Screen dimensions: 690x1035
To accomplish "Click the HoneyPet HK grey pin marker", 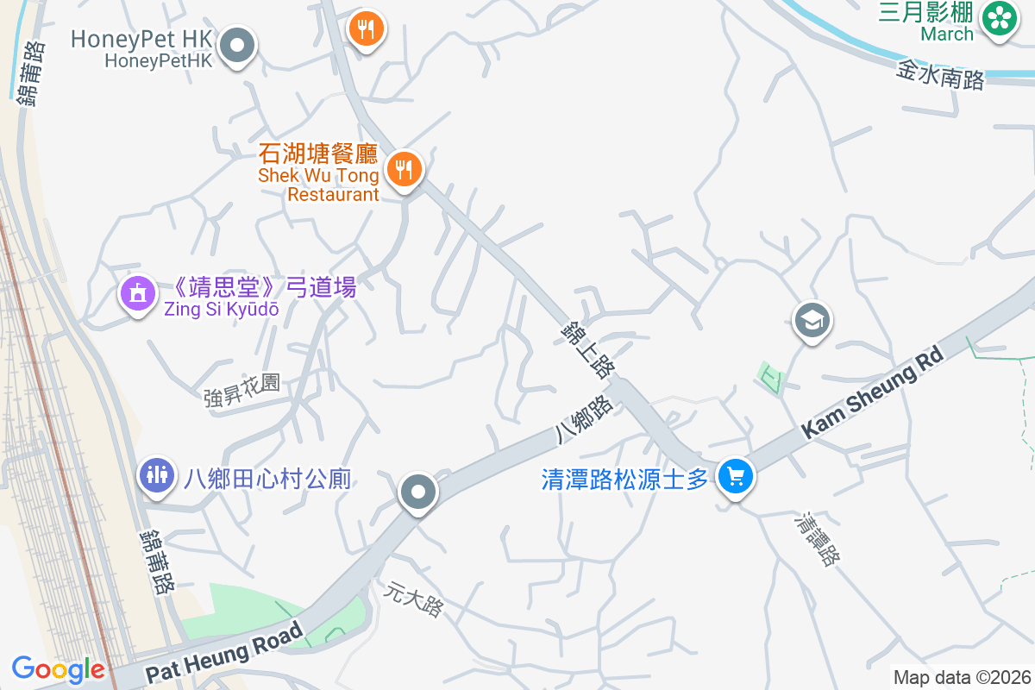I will [238, 45].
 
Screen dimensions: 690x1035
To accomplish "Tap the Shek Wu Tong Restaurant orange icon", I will [403, 168].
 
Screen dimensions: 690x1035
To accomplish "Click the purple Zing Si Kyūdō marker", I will [137, 294].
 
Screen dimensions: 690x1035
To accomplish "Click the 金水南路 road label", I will [940, 76].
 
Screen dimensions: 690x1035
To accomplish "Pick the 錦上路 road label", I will [586, 349].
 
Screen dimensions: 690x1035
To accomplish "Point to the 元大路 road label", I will [414, 599].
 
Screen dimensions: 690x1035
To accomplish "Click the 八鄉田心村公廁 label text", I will [267, 479].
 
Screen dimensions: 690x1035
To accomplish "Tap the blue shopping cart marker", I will [735, 476].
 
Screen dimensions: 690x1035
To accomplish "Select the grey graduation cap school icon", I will [811, 321].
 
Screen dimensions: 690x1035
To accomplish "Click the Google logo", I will [58, 669].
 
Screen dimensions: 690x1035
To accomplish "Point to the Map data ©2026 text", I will [962, 678].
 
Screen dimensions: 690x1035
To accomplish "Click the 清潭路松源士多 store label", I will [624, 480].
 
